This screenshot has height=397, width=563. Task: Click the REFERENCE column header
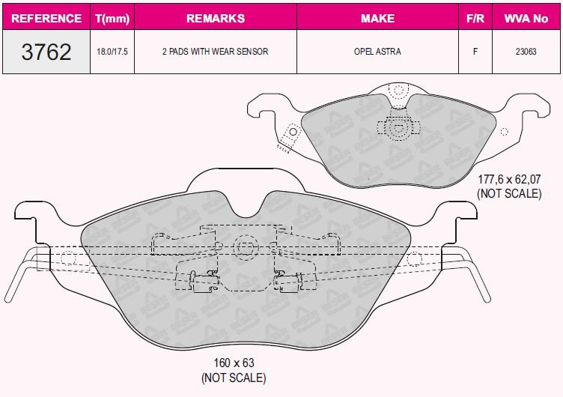click(x=46, y=18)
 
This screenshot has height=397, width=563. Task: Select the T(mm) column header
click(x=112, y=18)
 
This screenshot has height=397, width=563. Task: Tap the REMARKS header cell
click(x=216, y=18)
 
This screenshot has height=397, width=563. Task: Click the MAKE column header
click(x=378, y=18)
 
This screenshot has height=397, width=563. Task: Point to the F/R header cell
click(x=475, y=18)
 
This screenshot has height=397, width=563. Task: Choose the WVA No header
click(x=526, y=18)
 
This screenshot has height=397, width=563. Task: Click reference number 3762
click(x=46, y=52)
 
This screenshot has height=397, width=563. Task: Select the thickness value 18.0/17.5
click(x=112, y=52)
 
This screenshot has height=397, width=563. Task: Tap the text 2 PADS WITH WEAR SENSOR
click(x=215, y=52)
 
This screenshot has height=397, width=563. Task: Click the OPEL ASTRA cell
click(x=377, y=52)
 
